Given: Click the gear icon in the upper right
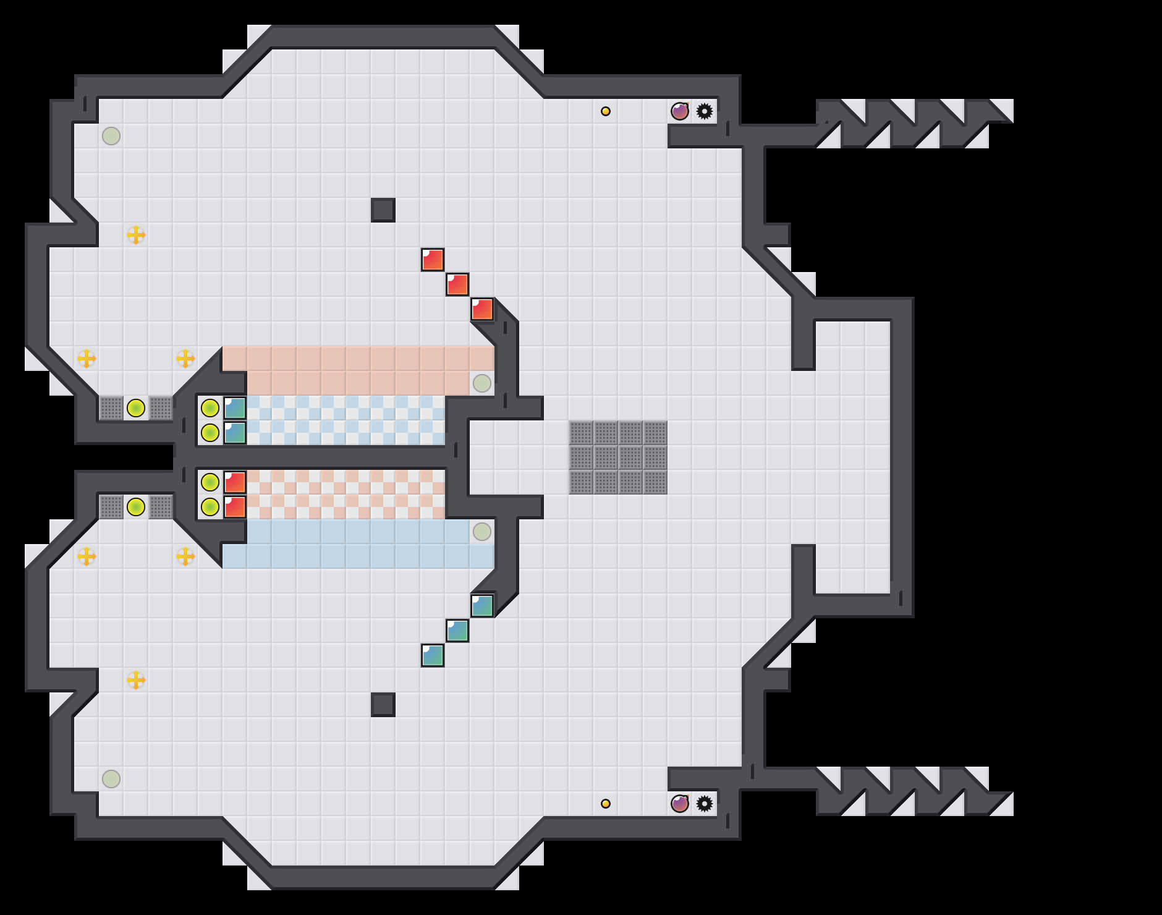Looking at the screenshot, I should [x=704, y=111].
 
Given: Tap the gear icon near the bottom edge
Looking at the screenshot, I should [x=704, y=804].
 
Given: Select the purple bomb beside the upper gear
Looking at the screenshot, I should [x=680, y=111].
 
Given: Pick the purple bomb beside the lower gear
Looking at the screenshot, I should [x=680, y=804].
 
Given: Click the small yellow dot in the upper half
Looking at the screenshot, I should [x=606, y=111].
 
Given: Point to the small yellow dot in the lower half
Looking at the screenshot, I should [x=606, y=804].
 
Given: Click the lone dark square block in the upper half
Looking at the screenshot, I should [x=383, y=210].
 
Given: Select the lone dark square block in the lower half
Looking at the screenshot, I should [x=383, y=705].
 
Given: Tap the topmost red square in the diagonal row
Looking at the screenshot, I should [x=433, y=260].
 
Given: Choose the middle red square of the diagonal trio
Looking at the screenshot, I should [x=457, y=284].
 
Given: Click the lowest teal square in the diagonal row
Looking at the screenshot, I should [x=433, y=655].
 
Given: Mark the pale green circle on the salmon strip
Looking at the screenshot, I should [x=482, y=383].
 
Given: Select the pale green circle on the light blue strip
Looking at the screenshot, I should [x=482, y=532].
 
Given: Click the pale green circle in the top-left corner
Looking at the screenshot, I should [x=111, y=136].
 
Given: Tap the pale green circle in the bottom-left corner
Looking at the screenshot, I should [x=111, y=779].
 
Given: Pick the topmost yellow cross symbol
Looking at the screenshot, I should [x=136, y=235].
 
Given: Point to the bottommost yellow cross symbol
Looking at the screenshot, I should [x=136, y=680].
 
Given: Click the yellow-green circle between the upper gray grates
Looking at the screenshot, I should [x=136, y=408].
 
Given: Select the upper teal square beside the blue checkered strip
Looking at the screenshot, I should [x=235, y=408].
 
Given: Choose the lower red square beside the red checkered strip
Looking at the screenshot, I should [x=235, y=507].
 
